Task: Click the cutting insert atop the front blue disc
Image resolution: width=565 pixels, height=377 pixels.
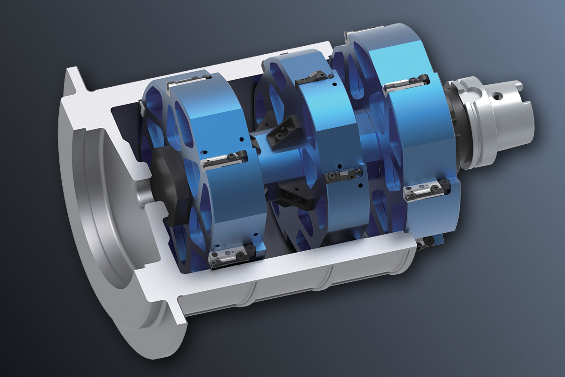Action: (188, 81)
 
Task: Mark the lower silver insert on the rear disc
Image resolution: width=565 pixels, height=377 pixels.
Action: (426, 190)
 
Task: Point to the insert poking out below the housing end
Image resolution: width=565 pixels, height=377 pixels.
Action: (426, 242)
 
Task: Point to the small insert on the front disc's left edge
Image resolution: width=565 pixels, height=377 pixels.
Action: (141, 108)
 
